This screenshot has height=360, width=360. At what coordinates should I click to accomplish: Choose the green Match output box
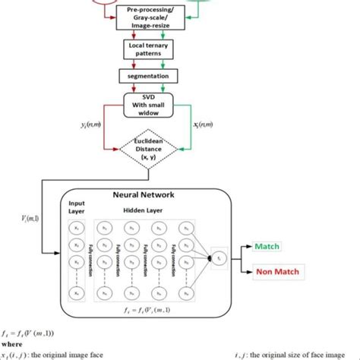click(268, 247)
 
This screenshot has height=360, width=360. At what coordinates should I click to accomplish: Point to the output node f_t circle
click(219, 259)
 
